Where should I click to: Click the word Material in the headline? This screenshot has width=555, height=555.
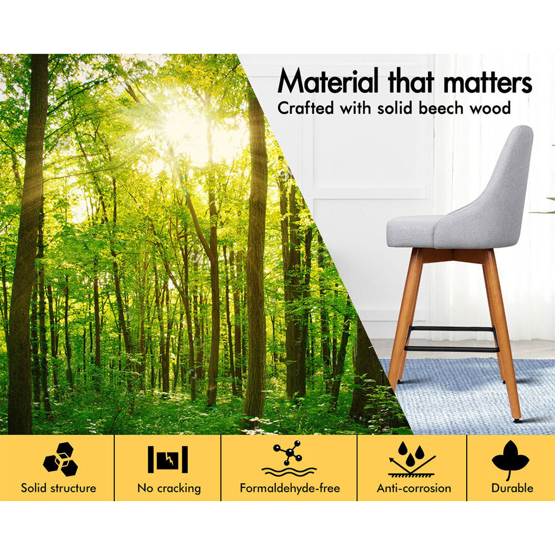pyautogui.click(x=328, y=81)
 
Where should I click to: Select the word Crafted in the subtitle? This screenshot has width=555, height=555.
pyautogui.click(x=305, y=108)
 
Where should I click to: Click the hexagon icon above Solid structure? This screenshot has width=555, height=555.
pyautogui.click(x=60, y=459)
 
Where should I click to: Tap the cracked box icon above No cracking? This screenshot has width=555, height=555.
pyautogui.click(x=168, y=460)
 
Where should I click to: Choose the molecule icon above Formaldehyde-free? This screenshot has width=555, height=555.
pyautogui.click(x=289, y=458)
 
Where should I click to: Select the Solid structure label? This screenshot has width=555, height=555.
pyautogui.click(x=58, y=488)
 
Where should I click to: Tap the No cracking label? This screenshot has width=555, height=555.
pyautogui.click(x=169, y=488)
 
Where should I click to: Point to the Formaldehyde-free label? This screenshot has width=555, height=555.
pyautogui.click(x=290, y=488)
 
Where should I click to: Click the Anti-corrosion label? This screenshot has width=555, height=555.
pyautogui.click(x=414, y=488)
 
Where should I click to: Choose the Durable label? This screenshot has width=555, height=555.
pyautogui.click(x=512, y=488)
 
